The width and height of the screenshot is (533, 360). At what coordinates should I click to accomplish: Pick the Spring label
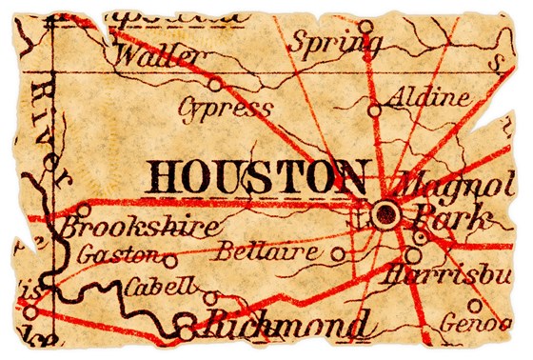337,41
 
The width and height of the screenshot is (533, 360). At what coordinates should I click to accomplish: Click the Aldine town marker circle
374,110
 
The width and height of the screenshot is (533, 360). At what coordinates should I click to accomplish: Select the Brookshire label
144,229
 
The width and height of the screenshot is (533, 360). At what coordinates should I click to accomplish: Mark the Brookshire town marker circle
84,210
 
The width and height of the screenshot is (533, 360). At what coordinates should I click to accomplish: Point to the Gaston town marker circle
170,259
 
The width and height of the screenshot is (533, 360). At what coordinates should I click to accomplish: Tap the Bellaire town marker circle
339,254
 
